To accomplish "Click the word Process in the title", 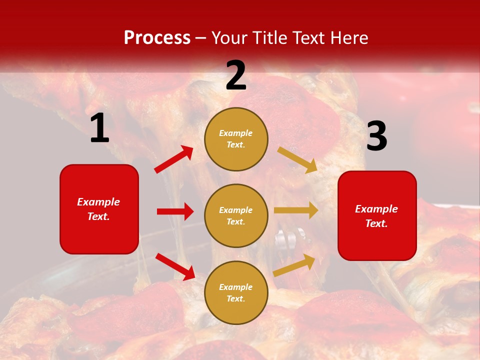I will (x=157, y=38).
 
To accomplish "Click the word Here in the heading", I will (x=348, y=38).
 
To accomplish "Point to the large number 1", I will (x=99, y=128).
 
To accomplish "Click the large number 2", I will (x=236, y=75).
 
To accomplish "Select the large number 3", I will (x=376, y=136).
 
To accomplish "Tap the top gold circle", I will (x=236, y=139).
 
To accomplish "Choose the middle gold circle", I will (x=236, y=215).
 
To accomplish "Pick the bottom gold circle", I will (x=236, y=292).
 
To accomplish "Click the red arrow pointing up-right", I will (x=174, y=159).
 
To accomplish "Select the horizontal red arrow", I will (x=175, y=211).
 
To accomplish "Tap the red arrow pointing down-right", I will (x=175, y=266).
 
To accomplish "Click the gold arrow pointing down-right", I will (x=297, y=160).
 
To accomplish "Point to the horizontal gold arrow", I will (x=296, y=210).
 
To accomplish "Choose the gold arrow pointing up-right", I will (x=294, y=265).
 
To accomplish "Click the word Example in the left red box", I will (x=98, y=202).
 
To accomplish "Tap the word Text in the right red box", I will (x=376, y=223).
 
